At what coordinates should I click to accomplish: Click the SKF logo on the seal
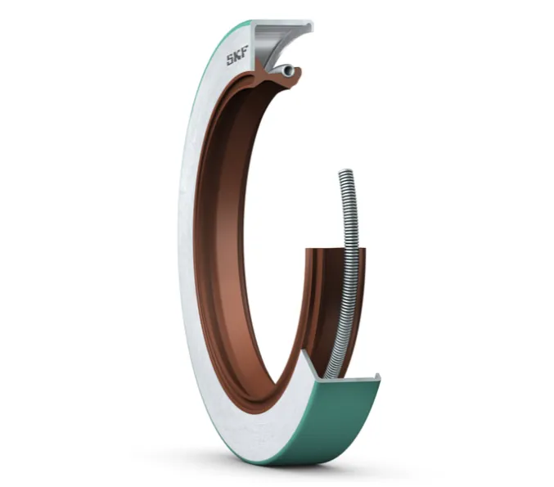point(237,56)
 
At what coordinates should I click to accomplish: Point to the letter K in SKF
point(237,56)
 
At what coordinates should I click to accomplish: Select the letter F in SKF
point(245,52)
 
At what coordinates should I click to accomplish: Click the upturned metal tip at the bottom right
point(377,377)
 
